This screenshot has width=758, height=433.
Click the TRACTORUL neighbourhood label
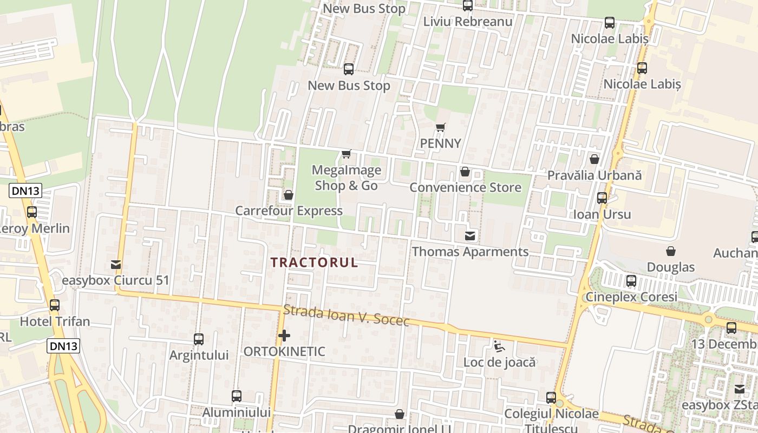point(314,263)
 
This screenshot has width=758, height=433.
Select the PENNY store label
point(441,143)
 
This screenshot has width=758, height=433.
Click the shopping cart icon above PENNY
point(441,128)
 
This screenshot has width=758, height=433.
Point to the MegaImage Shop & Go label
point(347,178)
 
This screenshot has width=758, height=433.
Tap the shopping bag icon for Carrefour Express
point(289,195)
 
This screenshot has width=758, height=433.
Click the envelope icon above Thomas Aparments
point(470,236)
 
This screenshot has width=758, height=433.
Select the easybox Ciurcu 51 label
point(115,280)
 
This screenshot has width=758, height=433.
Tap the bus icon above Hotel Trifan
point(55,305)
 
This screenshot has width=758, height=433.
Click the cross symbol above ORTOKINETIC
point(284,336)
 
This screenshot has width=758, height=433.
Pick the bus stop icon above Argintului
point(199,339)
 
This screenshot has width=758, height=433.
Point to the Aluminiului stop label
point(236,412)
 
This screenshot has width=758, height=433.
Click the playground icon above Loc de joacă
point(499,345)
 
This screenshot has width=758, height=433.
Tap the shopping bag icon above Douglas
point(671,251)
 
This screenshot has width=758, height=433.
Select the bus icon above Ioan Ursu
point(602,198)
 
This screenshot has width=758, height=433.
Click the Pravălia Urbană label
point(594,175)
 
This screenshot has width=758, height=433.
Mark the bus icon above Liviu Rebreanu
point(468,6)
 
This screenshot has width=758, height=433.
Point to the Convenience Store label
point(465,188)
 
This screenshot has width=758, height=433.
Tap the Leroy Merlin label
point(35,228)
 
